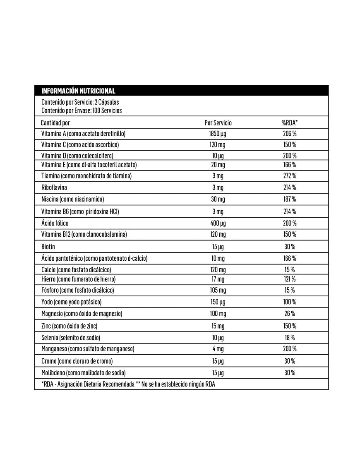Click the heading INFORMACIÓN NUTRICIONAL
78,91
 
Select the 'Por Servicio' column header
218,123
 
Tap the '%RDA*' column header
290,123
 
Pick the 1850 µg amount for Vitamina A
218,134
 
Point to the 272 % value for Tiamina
290,176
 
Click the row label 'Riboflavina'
54,187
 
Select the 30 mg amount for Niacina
218,199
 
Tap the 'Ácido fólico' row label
55,223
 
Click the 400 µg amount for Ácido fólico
218,223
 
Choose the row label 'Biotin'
48,247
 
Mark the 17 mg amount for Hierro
218,279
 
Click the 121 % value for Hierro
290,279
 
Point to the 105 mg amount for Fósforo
218,290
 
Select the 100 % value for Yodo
290,302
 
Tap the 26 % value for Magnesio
290,313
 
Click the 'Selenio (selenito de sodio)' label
71,337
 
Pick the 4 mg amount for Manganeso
218,349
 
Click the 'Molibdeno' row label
84,373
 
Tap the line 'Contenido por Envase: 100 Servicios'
82,110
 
